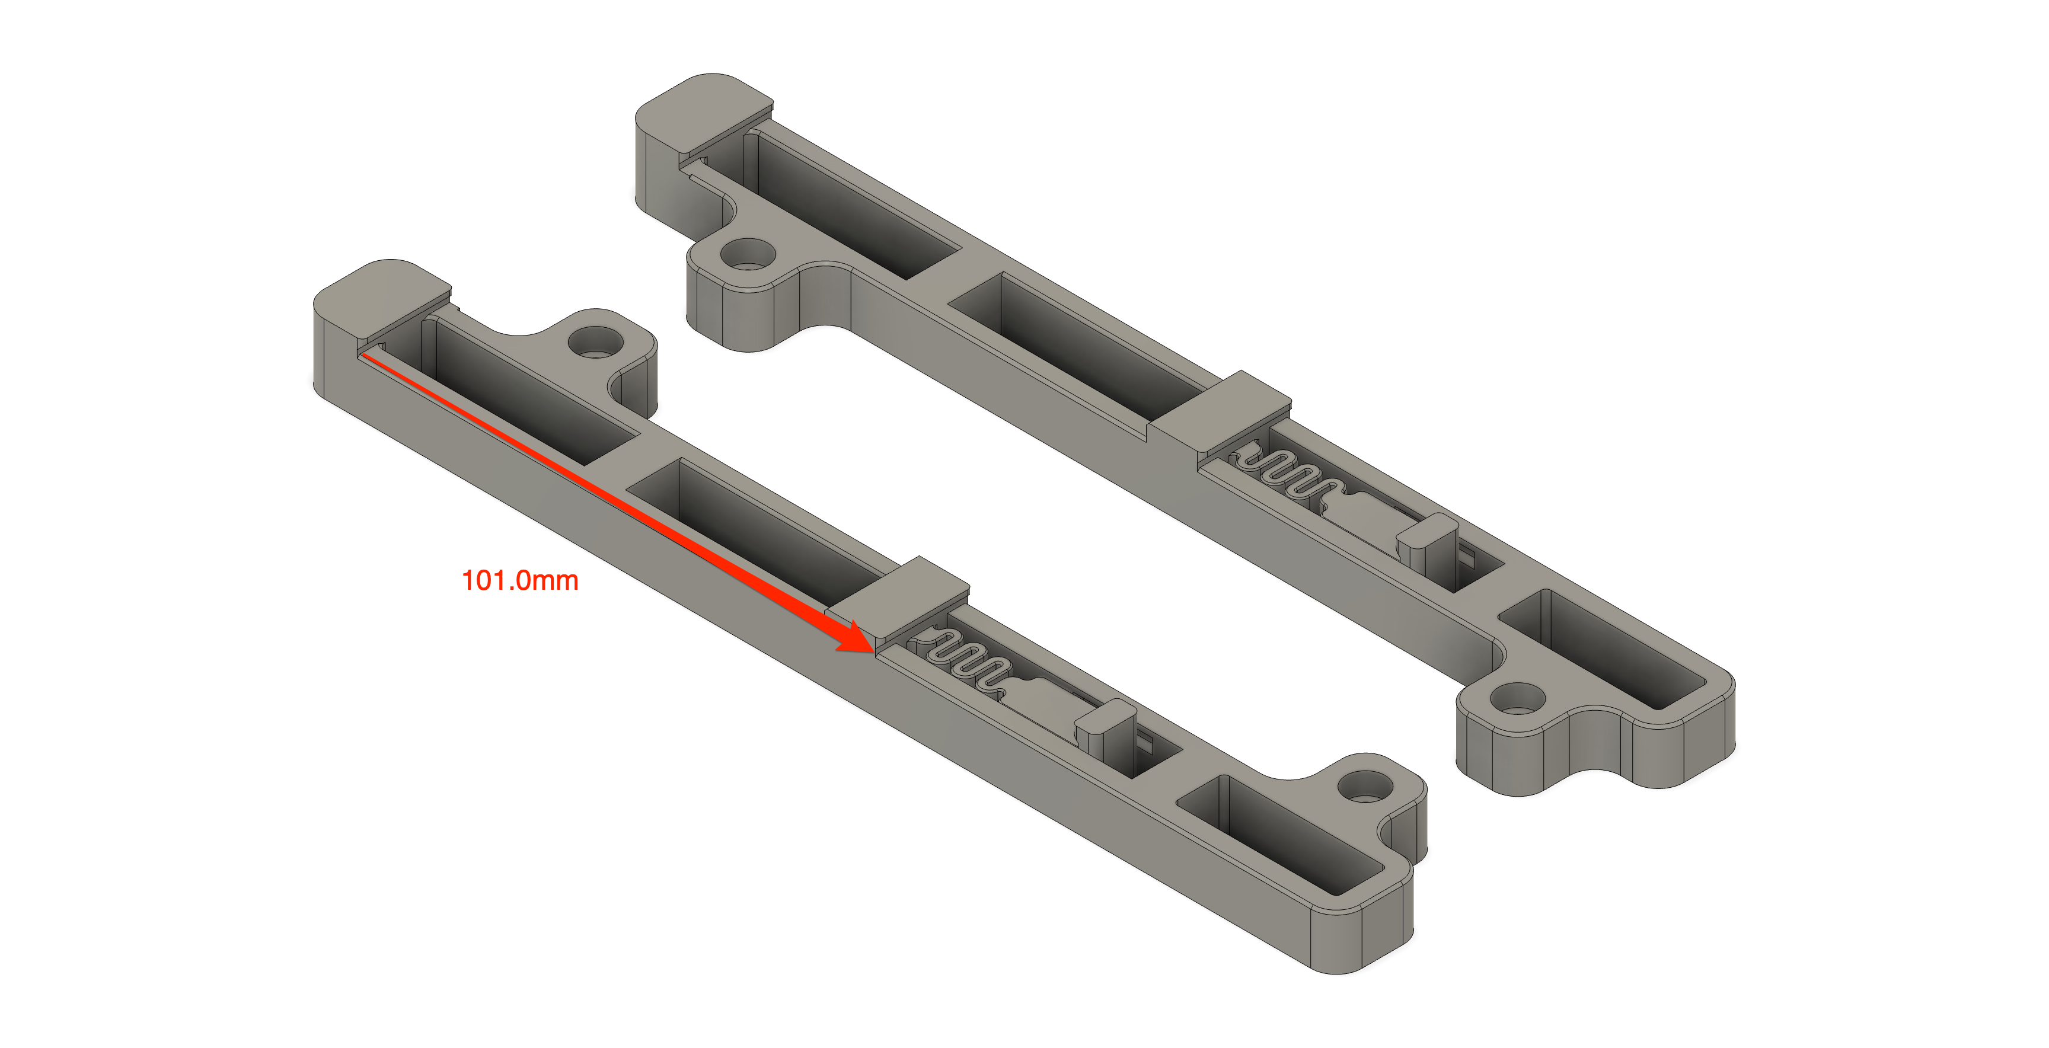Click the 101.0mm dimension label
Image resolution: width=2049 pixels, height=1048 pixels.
[519, 580]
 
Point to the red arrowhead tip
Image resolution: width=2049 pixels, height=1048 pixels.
[873, 650]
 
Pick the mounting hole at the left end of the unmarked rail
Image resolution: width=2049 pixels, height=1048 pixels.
[748, 255]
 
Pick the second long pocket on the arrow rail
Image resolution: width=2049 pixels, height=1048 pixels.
[756, 529]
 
